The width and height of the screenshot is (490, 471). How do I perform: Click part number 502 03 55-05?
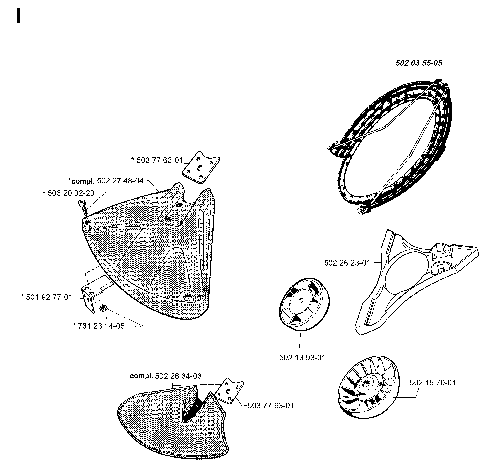coord(419,63)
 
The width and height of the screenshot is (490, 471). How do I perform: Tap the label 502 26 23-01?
coord(347,263)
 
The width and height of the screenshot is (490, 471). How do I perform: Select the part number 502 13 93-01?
coord(302,358)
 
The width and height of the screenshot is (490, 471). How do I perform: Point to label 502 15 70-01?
coord(433,383)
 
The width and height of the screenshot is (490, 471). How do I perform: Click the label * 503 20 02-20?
coord(68,193)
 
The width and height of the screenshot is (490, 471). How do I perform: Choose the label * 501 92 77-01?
coord(47,297)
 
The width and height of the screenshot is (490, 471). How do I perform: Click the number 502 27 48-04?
coord(120,181)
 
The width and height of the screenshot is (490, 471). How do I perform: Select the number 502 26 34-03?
coord(178,376)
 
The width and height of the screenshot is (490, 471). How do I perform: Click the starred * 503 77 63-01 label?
coord(157,160)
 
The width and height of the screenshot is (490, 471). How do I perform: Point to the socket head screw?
coord(83,207)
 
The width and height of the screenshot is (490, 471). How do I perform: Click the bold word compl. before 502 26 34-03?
coord(141,376)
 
